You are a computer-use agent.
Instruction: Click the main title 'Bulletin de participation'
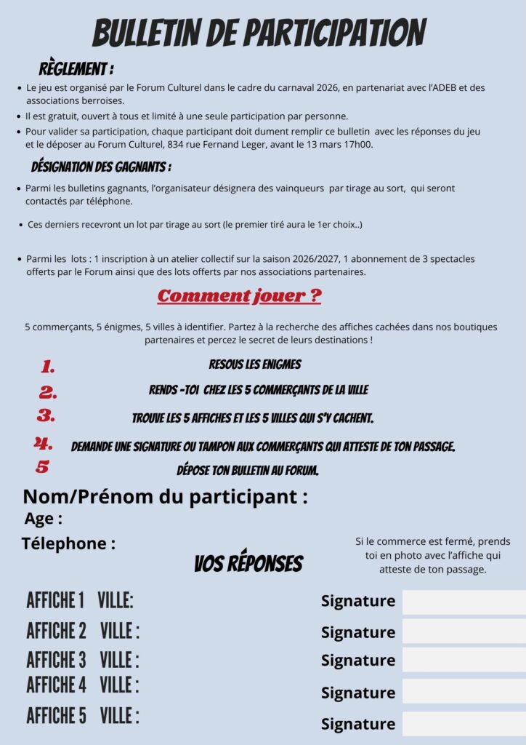coord(259,33)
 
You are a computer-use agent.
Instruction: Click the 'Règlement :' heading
coord(76,70)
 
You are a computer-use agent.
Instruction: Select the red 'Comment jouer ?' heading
coord(239,296)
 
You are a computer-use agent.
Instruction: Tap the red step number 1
coord(48,366)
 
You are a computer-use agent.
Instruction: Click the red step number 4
coord(44,443)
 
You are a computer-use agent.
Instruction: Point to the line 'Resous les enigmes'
coord(254,364)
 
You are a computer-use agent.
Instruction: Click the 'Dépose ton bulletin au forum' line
coord(248,470)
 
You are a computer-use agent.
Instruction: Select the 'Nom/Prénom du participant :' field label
coord(165,497)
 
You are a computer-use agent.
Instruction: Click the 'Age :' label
coord(44,519)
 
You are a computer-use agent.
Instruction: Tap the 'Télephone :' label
coord(68,543)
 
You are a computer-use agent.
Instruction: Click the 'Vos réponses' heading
coord(248,563)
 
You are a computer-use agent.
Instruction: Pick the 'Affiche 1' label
coord(55,601)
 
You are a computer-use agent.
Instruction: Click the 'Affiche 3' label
coord(56,660)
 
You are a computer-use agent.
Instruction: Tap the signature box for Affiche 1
coord(464,602)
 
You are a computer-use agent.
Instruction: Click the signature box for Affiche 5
coord(464,724)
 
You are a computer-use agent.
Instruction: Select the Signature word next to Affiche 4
coord(358,692)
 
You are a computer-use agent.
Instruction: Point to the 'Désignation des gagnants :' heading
coord(101,167)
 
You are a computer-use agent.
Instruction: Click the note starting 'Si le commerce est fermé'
coord(432,555)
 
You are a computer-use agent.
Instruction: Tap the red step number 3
coord(46,416)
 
